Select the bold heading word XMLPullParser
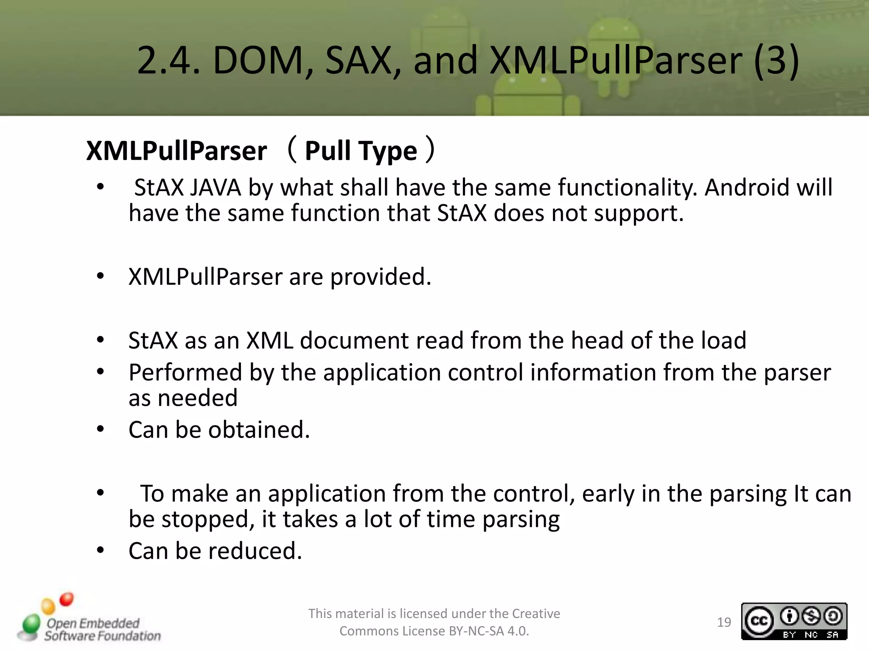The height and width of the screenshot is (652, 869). click(x=177, y=151)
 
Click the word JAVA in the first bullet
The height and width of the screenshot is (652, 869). click(x=215, y=188)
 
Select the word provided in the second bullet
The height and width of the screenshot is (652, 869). click(x=380, y=277)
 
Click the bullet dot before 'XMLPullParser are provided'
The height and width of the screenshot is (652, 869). click(x=100, y=276)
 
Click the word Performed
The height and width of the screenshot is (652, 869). click(x=185, y=373)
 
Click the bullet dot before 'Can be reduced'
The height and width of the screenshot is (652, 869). click(x=100, y=551)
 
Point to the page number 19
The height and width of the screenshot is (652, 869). click(x=724, y=622)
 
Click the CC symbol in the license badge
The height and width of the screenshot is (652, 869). click(x=759, y=621)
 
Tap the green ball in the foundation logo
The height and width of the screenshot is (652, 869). click(x=31, y=624)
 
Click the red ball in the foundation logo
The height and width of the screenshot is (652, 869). click(x=67, y=599)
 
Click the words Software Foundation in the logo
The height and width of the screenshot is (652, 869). click(x=103, y=636)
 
